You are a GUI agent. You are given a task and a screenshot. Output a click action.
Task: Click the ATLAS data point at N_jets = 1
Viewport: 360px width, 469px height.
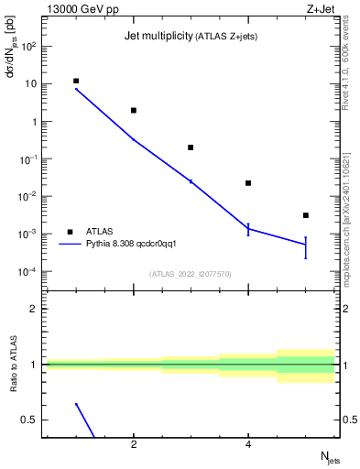76,81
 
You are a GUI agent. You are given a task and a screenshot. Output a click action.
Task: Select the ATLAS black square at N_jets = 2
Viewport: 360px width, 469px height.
134,110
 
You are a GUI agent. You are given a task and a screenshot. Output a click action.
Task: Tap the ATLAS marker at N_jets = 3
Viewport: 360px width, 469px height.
191,147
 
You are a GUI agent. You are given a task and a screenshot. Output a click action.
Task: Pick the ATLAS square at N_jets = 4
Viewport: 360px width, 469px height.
248,183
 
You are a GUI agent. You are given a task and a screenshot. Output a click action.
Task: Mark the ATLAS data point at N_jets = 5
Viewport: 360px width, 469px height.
306,215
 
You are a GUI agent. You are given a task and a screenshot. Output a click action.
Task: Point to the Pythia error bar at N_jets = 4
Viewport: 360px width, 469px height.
248,229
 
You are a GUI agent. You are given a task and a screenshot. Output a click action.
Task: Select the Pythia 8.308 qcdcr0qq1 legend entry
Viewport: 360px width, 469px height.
136,245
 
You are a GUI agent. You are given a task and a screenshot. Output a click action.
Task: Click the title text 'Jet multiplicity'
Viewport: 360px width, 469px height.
157,37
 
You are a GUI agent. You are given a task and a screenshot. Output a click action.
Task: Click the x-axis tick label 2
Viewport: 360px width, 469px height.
134,445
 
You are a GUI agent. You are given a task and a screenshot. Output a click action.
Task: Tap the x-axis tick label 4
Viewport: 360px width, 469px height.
248,445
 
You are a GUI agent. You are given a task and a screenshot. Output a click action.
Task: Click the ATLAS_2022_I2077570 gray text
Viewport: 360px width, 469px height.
191,273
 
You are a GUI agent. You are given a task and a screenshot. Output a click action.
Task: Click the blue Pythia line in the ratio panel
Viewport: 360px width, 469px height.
85,420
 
